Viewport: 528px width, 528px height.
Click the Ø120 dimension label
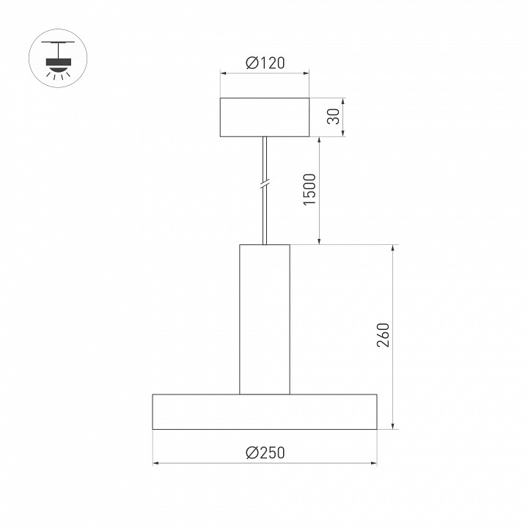(265, 63)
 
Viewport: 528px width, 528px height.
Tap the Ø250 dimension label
(265, 453)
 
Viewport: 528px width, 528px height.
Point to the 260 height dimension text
(383, 337)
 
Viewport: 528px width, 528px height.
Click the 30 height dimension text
(334, 117)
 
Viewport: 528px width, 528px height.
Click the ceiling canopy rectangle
(265, 117)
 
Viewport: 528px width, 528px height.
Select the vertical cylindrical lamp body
(265, 319)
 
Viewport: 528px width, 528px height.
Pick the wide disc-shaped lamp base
(265, 411)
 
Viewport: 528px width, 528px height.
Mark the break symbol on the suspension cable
(265, 185)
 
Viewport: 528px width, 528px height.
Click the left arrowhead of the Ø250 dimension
(156, 463)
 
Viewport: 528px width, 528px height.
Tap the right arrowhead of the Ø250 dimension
(373, 463)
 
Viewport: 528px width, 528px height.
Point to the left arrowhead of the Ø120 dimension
(224, 73)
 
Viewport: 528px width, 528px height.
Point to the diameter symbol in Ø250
(252, 453)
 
